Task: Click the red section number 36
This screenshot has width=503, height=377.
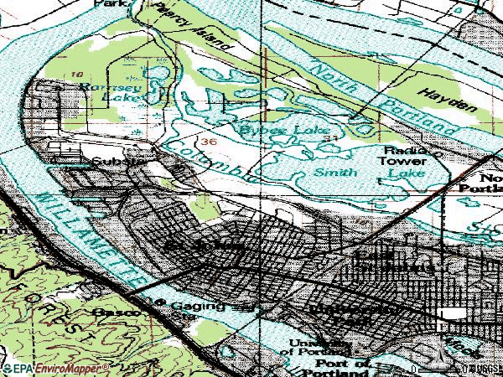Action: click(x=209, y=142)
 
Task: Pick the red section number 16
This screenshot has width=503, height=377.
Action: click(x=76, y=74)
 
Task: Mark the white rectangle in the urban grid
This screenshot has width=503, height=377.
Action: click(x=454, y=313)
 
